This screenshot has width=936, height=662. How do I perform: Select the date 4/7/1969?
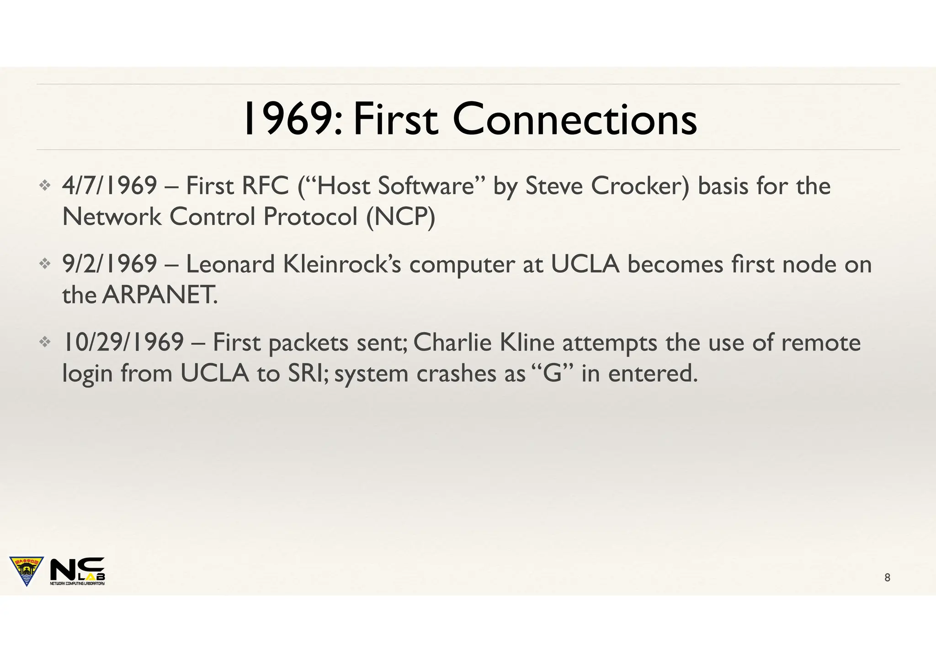[x=110, y=186]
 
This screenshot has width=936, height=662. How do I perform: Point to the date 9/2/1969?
[x=110, y=264]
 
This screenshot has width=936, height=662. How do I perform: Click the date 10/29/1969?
[x=123, y=342]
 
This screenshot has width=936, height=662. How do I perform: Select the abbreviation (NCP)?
[x=400, y=216]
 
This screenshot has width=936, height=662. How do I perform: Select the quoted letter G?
[x=553, y=373]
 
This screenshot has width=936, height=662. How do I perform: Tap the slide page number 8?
[x=887, y=577]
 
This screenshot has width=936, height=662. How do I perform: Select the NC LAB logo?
[x=77, y=571]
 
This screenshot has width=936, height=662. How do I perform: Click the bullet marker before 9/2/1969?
[x=44, y=264]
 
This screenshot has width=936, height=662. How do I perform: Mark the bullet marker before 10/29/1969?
[x=44, y=342]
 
